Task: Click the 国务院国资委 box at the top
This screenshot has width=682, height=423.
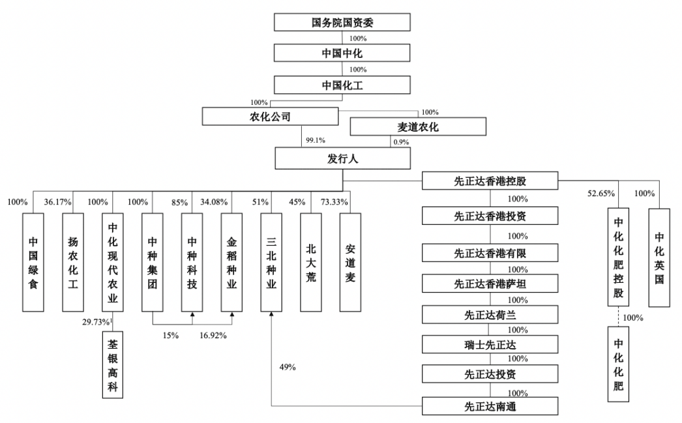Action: tap(342, 22)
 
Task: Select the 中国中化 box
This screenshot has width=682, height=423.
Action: tap(342, 53)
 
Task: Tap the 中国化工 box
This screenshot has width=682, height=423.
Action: tap(342, 85)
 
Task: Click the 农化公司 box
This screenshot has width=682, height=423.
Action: tap(271, 117)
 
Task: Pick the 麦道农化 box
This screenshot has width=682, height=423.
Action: tap(418, 127)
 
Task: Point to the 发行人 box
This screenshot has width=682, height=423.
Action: tap(342, 158)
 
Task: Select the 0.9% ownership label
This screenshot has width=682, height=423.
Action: tap(400, 141)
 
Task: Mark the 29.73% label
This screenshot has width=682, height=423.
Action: tap(96, 322)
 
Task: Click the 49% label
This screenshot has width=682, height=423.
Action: tap(287, 367)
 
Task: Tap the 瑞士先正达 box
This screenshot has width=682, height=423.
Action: tap(490, 345)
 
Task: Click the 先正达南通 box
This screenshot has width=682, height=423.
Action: tap(490, 407)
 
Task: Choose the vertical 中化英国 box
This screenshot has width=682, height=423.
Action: tap(659, 257)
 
